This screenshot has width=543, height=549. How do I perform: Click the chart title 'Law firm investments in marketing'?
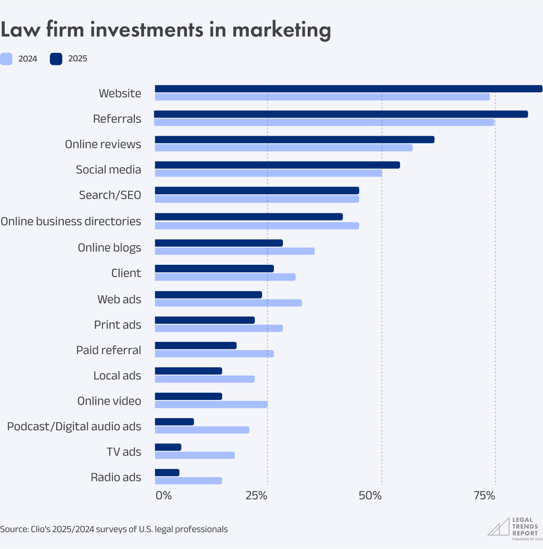[165, 30]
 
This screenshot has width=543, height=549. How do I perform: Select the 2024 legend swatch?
[6, 59]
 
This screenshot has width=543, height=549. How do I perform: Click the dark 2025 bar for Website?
[348, 89]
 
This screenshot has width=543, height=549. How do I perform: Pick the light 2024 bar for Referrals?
[324, 122]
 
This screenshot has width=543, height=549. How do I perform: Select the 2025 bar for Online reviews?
[294, 140]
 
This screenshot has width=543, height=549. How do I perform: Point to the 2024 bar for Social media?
[268, 173]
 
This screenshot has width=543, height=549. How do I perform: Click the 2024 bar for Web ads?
[228, 303]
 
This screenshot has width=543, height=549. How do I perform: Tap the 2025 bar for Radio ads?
[167, 472]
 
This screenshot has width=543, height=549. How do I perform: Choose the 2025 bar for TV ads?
[168, 447]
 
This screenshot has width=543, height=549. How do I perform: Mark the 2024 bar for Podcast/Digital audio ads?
[202, 430]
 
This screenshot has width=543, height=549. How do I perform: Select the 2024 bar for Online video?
[211, 404]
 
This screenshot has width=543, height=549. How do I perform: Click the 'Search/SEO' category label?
[110, 195]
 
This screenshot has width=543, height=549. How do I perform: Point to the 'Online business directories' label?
[71, 221]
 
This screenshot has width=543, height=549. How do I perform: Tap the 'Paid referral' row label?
[109, 350]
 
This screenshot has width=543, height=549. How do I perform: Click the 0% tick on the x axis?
[163, 496]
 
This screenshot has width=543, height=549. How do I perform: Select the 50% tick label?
[371, 496]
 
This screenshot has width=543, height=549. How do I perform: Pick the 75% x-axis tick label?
[484, 496]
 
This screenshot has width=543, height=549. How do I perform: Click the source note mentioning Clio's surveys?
[114, 529]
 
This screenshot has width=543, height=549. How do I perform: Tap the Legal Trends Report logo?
[513, 529]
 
